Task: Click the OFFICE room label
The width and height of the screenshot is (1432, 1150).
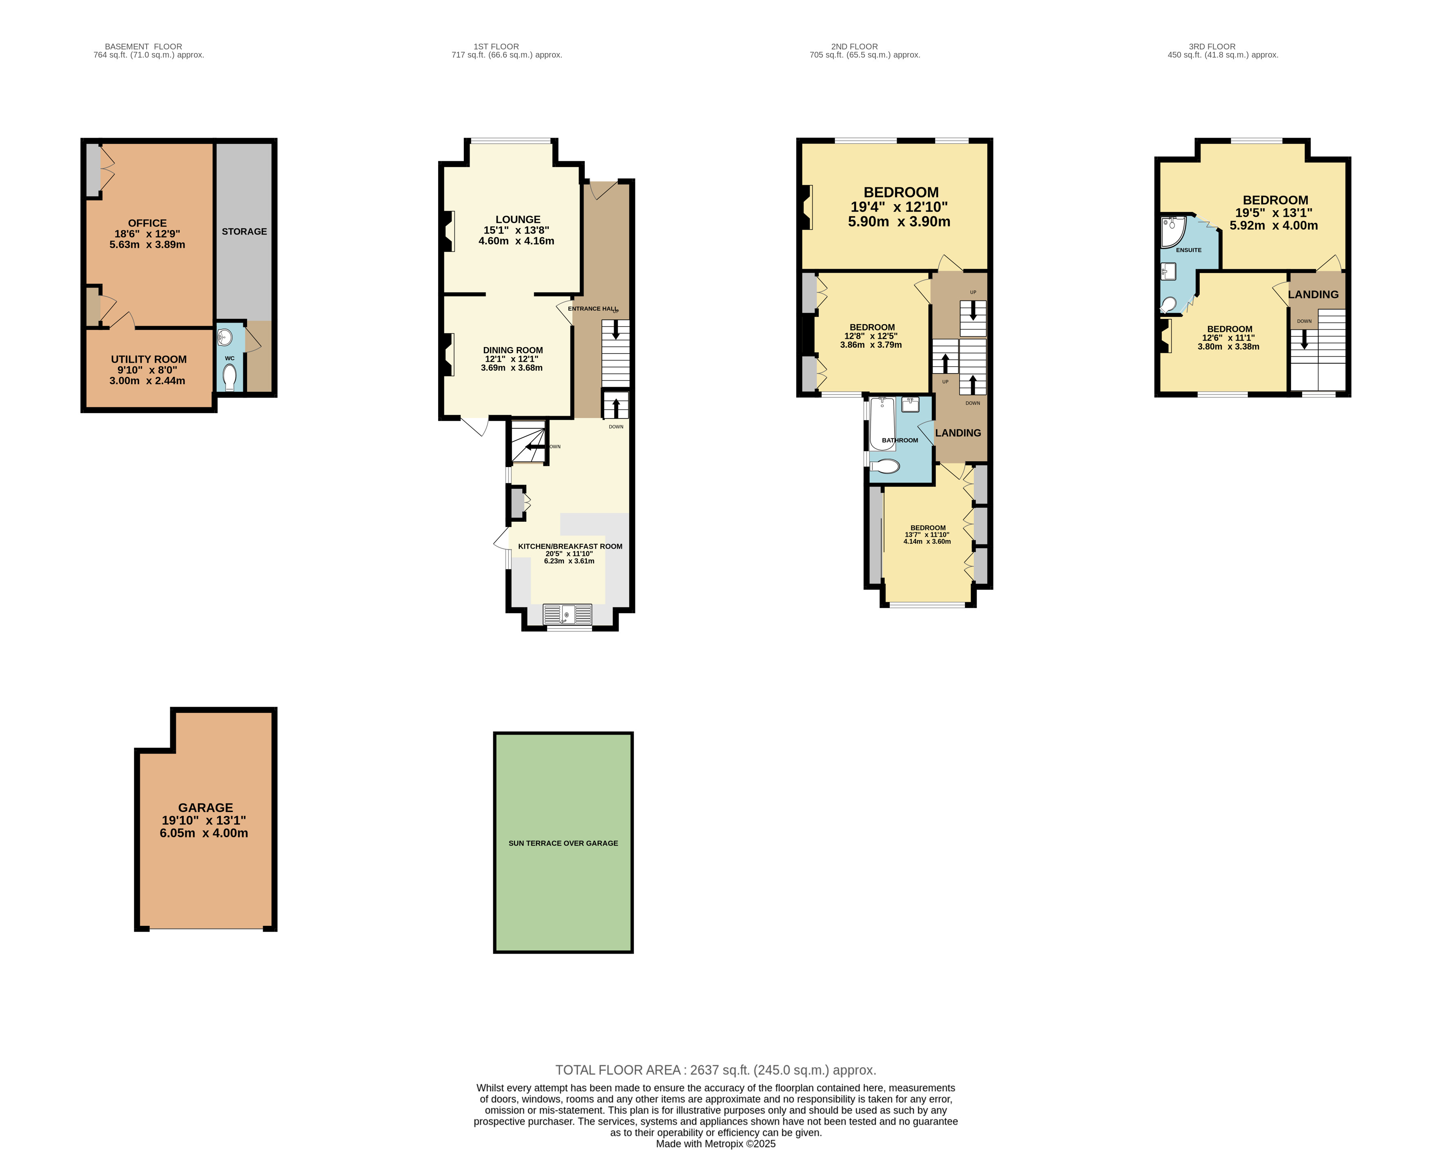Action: coord(147,223)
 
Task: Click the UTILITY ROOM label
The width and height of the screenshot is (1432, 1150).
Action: coord(149,359)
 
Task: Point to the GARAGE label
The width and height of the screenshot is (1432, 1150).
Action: coord(205,807)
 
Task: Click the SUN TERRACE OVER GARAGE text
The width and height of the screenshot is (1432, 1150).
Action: coord(563,843)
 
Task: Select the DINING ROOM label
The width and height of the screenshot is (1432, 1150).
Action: coord(513,350)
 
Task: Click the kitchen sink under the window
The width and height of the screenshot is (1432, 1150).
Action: coord(567,614)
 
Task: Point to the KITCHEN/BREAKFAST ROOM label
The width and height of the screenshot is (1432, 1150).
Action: coord(570,547)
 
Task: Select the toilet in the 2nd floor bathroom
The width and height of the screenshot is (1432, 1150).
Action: coord(885,466)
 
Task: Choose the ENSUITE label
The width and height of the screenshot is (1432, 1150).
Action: coord(1188,250)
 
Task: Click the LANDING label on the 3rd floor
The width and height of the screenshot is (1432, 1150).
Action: coord(1313,295)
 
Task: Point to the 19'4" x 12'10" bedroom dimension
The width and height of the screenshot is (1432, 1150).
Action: coord(899,207)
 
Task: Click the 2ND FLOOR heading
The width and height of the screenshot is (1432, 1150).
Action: coord(854,47)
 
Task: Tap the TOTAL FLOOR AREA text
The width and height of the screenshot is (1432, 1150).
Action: coord(715,1070)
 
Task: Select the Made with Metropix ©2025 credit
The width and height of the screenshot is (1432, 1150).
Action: coord(715,1143)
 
